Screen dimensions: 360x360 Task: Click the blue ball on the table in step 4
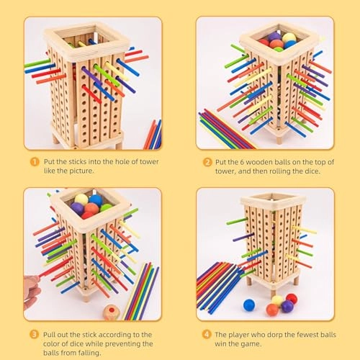point(249,305)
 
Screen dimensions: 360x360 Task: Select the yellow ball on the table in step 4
point(278,300)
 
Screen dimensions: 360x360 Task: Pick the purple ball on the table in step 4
point(287,307)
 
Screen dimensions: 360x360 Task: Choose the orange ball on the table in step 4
point(272,310)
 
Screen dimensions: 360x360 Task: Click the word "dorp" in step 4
point(274,333)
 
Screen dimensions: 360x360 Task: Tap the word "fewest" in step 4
point(310,333)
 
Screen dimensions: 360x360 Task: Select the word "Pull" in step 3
point(48,333)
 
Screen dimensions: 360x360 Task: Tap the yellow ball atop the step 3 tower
point(82,199)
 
